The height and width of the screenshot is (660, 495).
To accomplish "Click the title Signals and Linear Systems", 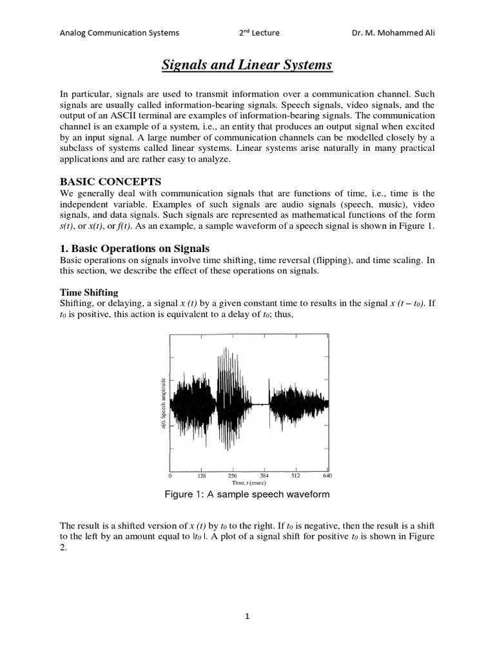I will point(247,65).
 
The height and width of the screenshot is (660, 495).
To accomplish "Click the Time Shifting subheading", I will point(89,292).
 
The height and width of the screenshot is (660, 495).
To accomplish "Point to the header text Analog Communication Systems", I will point(119,33).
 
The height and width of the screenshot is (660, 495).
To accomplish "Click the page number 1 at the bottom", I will point(247,617).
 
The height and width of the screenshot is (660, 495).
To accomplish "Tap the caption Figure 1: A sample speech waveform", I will point(247,494).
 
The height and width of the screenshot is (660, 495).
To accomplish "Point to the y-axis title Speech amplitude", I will point(164,402).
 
